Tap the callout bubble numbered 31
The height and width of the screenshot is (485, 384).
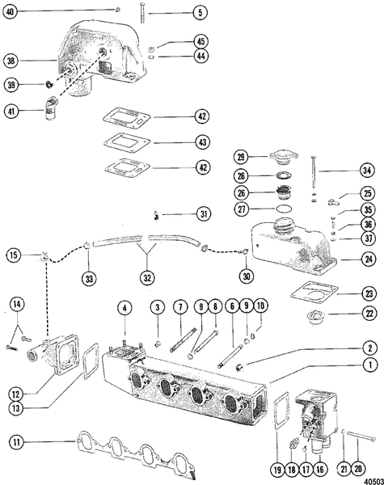click(x=200, y=214)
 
